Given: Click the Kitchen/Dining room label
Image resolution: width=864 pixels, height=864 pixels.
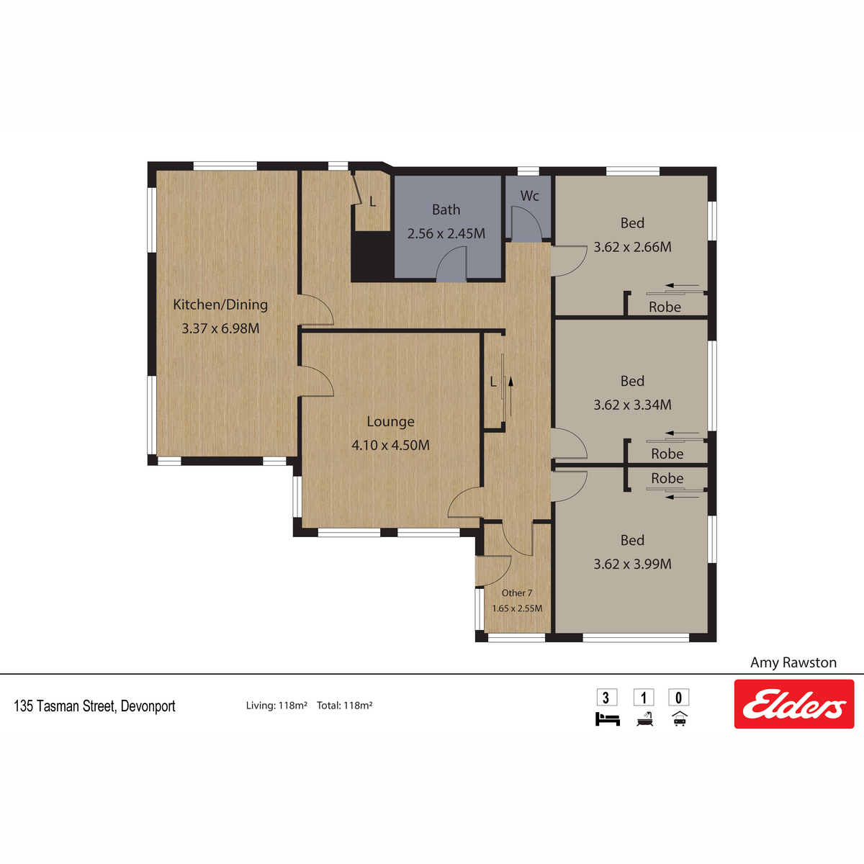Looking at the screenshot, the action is pos(220,305).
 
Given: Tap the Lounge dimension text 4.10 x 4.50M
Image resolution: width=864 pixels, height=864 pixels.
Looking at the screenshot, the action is pos(390,445).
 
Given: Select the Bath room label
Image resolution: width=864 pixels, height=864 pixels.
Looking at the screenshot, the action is pos(446,210).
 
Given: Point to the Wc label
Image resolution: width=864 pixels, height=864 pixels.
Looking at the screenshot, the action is pos(529,196).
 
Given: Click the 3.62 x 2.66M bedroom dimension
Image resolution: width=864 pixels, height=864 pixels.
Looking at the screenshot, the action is pos(633,247).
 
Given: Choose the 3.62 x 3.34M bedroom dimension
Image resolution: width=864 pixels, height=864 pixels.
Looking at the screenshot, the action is pos(633,405).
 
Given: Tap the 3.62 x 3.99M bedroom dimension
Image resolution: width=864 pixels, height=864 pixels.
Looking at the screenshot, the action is pos(633,564).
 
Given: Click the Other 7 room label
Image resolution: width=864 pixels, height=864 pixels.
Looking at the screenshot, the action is pos(517,593).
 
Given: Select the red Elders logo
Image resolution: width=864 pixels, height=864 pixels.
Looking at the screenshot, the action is pos(794,704).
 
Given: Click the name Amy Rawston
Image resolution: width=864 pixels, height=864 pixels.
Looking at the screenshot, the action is pos(793,662).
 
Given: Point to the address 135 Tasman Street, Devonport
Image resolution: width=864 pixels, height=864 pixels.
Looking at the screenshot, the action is pos(94,706).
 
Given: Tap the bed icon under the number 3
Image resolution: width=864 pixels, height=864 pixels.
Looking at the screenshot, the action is pos(608,719).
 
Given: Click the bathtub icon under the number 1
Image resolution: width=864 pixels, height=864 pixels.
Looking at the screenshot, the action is pos(644,719).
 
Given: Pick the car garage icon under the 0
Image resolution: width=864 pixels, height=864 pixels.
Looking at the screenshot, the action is pos(680,719).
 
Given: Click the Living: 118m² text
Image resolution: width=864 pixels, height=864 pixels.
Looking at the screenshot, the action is pos(276,706).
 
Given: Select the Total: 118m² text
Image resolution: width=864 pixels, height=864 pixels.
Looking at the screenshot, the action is pos(345,706).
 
